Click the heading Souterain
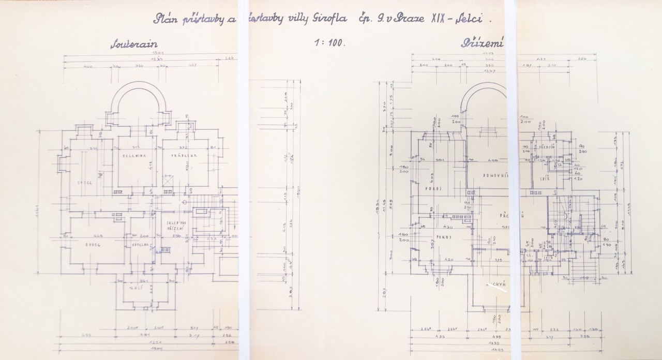[134, 44]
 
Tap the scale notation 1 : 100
[329, 43]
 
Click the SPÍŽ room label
[544, 178]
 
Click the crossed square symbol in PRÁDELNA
[169, 181]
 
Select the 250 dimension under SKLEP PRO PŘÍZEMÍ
[175, 236]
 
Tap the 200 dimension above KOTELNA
[144, 236]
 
